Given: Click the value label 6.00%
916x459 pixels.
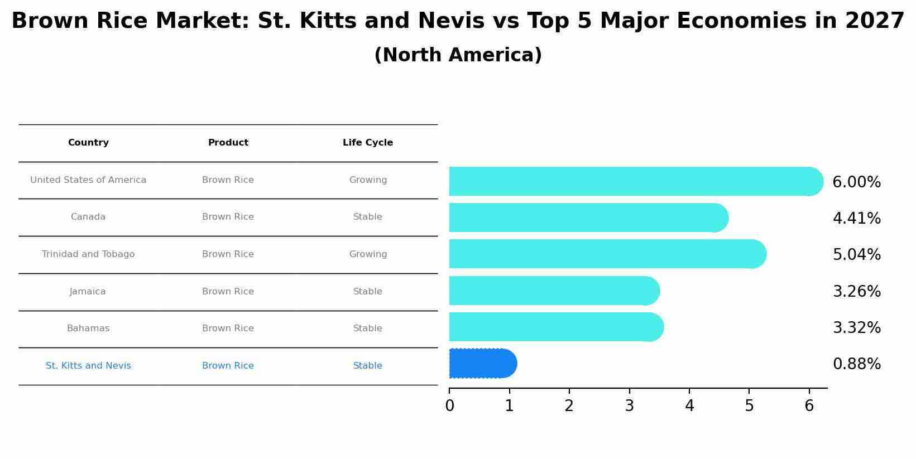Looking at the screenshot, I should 856,182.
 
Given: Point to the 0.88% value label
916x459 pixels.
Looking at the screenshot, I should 856,364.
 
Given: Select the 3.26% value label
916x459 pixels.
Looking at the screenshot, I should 856,292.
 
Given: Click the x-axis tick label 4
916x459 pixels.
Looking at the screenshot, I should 689,406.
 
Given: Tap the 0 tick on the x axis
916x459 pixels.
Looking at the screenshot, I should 449,406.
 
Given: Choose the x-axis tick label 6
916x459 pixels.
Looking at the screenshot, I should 809,406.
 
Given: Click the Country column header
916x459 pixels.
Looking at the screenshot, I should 88,143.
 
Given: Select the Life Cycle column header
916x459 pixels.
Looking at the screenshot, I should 368,143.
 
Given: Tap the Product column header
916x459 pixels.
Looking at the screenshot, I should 228,143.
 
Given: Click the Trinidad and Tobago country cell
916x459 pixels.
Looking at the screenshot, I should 88,254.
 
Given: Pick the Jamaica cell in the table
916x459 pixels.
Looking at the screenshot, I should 88,292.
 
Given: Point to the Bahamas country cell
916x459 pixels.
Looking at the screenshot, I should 88,328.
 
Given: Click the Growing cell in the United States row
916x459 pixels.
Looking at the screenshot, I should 368,180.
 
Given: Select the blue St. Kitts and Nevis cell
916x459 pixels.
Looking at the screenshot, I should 88,366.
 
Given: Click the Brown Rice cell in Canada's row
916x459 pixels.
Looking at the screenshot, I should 228,217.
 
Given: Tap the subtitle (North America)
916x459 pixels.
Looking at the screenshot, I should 458,55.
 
